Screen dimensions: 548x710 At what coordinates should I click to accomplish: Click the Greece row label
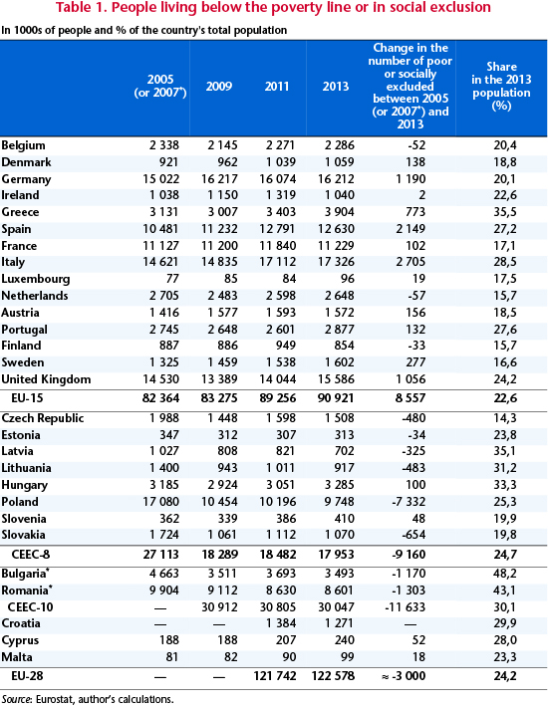point(20,212)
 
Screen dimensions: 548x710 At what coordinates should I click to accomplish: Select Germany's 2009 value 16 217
point(219,179)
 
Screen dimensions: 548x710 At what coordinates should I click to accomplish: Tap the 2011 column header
point(277,86)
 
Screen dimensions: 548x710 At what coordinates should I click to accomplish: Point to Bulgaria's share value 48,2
point(505,574)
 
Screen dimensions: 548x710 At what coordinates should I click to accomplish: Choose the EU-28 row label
point(27,676)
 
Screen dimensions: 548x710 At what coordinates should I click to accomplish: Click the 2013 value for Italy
point(336,262)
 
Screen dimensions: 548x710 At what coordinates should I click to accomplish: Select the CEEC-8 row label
point(31,555)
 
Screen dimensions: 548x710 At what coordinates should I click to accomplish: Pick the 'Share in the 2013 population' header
point(501,86)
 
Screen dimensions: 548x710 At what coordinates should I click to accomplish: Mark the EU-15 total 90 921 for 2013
point(336,398)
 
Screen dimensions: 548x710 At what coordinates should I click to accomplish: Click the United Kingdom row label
point(46,379)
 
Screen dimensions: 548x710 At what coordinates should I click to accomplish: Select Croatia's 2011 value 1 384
point(281,623)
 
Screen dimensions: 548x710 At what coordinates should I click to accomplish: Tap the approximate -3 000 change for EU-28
point(404,676)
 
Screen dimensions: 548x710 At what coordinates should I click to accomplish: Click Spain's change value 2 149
point(411,229)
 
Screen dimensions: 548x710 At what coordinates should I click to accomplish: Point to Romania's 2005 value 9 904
point(164,590)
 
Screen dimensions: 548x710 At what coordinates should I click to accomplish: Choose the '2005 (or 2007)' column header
point(160,86)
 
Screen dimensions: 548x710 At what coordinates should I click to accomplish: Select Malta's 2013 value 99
point(346,656)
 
